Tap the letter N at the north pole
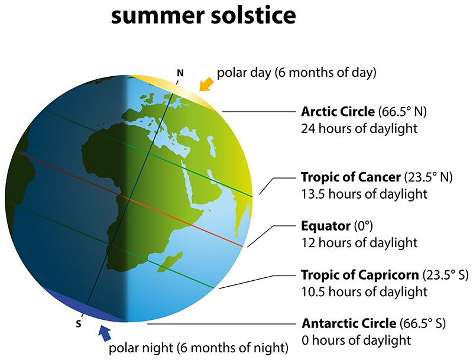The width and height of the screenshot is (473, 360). click(x=180, y=73)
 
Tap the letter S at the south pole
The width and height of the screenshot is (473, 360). click(x=79, y=324)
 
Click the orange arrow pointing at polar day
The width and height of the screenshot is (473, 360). click(x=206, y=83)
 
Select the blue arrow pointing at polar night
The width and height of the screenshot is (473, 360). click(x=105, y=333)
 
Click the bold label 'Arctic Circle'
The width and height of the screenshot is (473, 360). click(x=338, y=112)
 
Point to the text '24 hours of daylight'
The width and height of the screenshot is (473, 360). click(x=359, y=128)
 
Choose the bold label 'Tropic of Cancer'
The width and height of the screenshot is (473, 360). click(x=351, y=177)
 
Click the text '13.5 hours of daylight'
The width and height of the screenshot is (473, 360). click(x=364, y=194)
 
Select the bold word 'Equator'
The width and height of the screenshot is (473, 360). click(x=326, y=226)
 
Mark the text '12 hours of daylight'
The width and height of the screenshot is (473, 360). click(x=359, y=243)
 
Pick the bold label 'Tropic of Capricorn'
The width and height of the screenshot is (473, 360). click(x=360, y=275)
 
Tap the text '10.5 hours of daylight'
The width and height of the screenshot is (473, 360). click(x=364, y=292)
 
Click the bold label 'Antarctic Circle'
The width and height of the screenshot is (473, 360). click(x=349, y=323)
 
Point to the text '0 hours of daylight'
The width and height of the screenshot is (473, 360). click(x=356, y=340)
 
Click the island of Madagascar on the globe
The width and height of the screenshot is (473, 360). click(x=171, y=261)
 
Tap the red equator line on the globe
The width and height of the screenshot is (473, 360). click(x=129, y=199)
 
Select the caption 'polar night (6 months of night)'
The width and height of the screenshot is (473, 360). click(x=199, y=348)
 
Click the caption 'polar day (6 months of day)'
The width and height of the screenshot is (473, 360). click(x=297, y=73)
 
